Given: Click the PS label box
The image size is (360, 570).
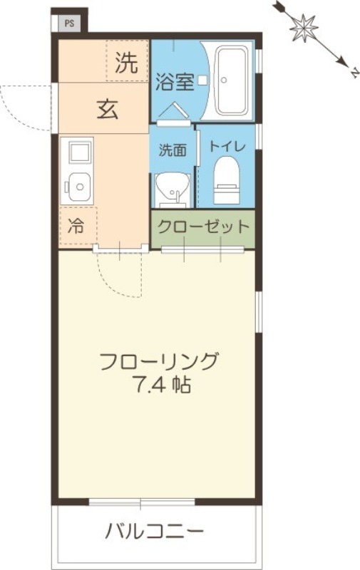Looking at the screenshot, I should pyautogui.click(x=69, y=22).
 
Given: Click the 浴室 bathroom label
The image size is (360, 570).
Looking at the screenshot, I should pyautogui.click(x=174, y=81).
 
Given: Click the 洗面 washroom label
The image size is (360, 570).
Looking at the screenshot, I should pyautogui.click(x=172, y=150).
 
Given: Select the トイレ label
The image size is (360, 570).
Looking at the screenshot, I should pyautogui.click(x=226, y=146).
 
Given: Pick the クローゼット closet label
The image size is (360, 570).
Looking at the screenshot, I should pyautogui.click(x=203, y=227).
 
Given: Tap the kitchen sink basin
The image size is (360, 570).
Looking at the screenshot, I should pyautogui.click(x=77, y=187).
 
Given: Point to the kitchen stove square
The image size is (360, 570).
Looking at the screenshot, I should pyautogui.click(x=77, y=151).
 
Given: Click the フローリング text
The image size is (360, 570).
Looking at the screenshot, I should pyautogui.click(x=158, y=361).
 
